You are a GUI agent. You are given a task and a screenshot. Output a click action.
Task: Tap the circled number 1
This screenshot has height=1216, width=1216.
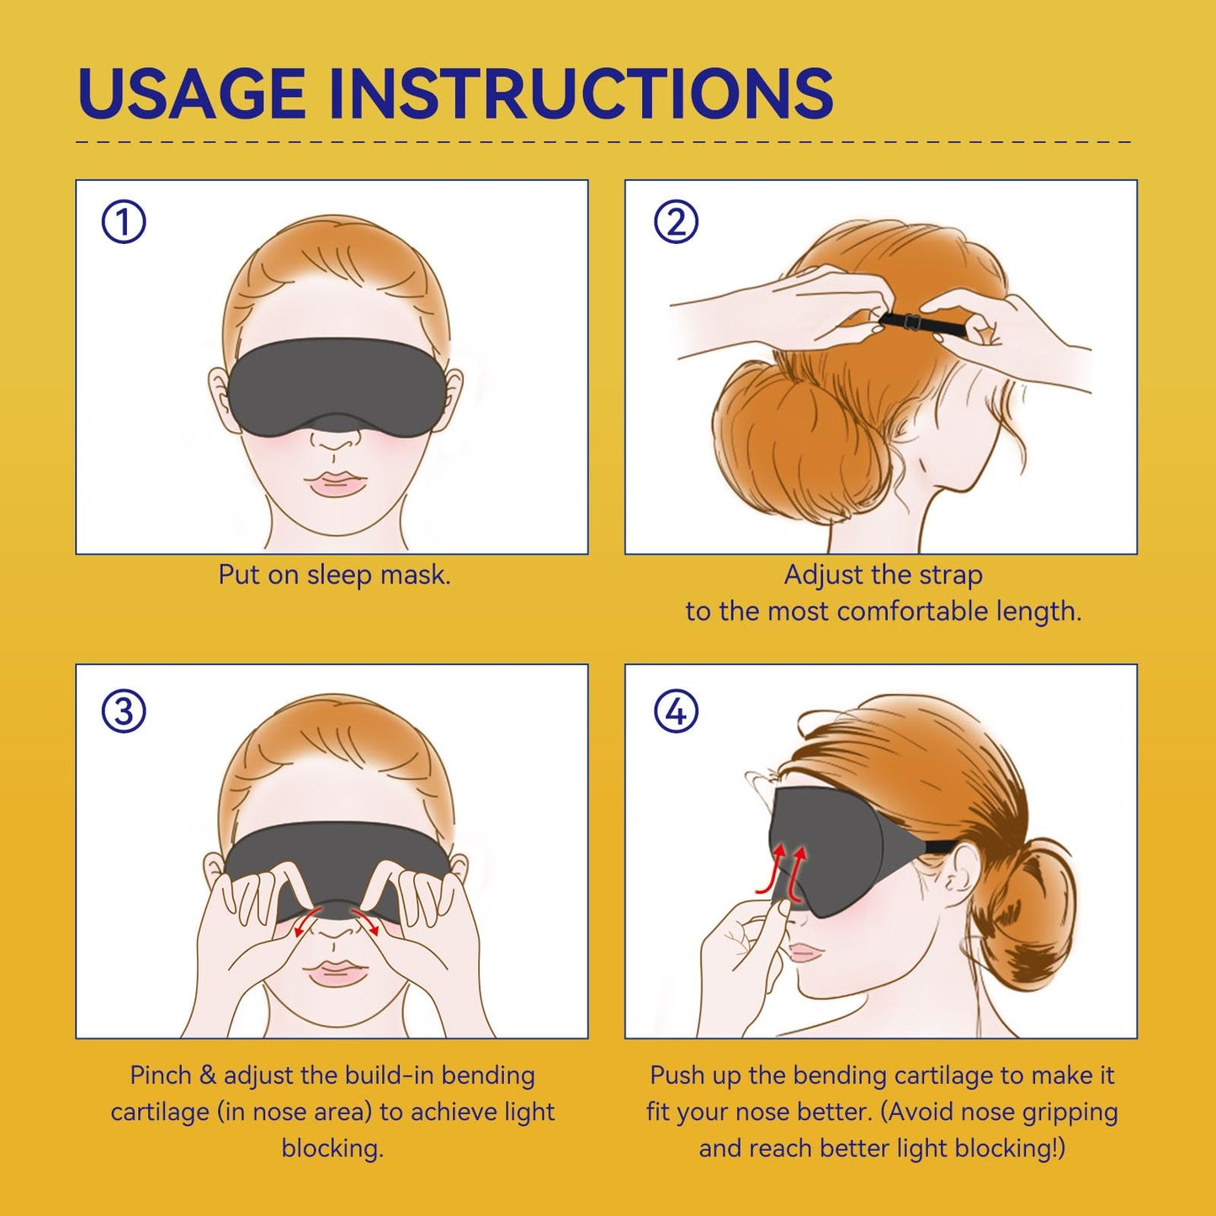(124, 222)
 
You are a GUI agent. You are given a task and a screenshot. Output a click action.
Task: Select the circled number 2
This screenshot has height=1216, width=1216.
(676, 222)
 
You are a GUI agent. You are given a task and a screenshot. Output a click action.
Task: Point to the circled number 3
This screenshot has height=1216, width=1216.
(124, 711)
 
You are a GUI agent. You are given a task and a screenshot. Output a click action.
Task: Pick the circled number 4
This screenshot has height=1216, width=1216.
(676, 711)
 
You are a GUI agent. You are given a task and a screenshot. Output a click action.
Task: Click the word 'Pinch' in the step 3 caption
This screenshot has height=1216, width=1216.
(160, 1075)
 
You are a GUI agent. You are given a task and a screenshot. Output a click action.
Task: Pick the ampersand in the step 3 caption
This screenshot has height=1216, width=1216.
(208, 1075)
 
